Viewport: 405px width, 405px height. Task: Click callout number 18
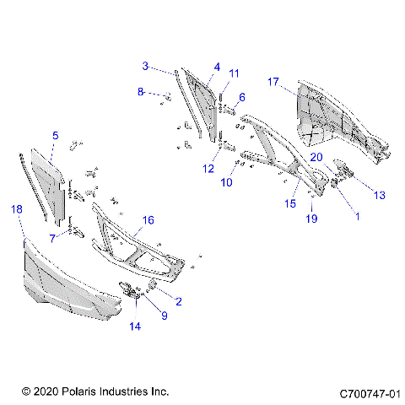15,208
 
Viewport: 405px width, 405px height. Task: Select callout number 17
273,82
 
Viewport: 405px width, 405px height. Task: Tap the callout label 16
148,219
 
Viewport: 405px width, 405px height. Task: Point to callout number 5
55,135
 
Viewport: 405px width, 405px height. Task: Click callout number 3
145,66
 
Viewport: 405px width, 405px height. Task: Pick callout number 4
217,67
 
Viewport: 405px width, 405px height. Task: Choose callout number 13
379,195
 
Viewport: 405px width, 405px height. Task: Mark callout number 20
316,157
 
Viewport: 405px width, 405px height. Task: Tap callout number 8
141,93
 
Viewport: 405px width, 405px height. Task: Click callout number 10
227,182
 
